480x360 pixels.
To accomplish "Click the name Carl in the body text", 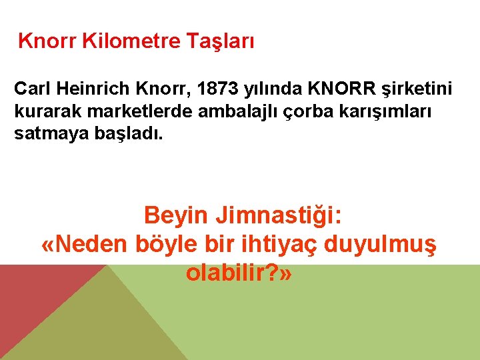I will (x=31, y=89).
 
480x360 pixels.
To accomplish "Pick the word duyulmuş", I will (x=381, y=245).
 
